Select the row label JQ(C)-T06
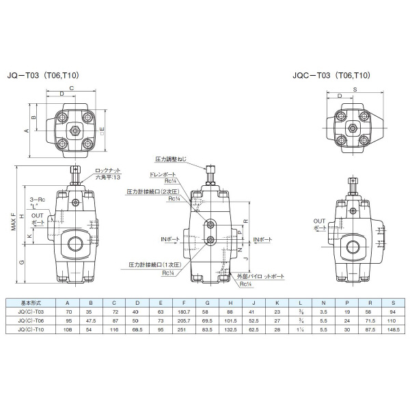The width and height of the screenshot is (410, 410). [x=31, y=319]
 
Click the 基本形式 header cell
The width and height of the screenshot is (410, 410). [x=31, y=301]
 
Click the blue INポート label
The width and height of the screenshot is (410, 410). [x=262, y=240]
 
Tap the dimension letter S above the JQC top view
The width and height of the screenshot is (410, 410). [x=354, y=88]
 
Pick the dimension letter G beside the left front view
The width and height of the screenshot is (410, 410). [x=21, y=262]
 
